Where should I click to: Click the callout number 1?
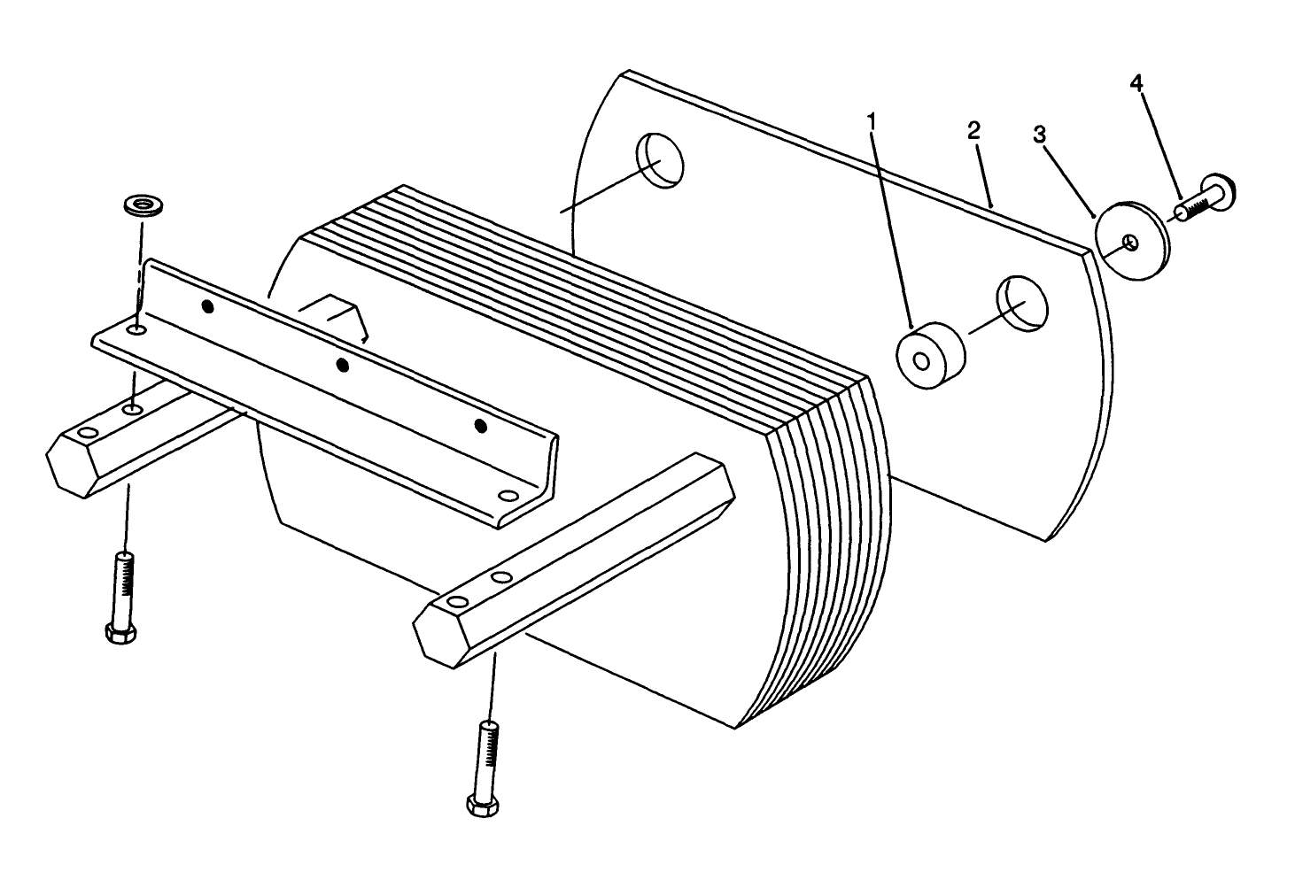click(x=872, y=119)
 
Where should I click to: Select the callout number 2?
click(x=974, y=131)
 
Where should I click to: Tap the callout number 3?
click(x=1039, y=135)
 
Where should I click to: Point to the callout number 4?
click(x=1136, y=82)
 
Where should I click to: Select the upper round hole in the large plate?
click(x=661, y=160)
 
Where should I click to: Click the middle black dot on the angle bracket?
click(x=344, y=364)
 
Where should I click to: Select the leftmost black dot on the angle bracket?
click(x=207, y=306)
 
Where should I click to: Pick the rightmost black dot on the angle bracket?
click(x=480, y=426)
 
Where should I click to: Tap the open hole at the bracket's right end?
click(x=508, y=496)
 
